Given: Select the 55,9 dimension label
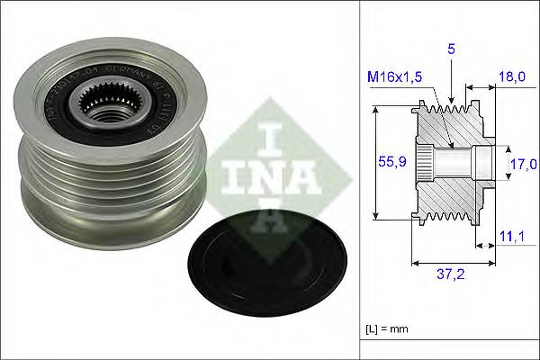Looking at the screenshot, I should pyautogui.click(x=390, y=163).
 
